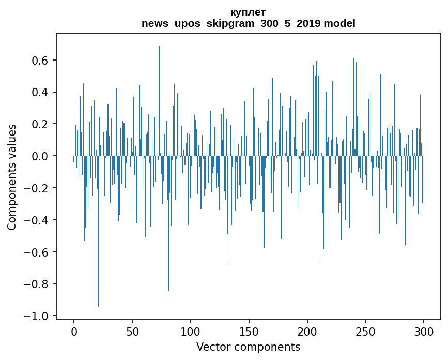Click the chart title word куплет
point(248,12)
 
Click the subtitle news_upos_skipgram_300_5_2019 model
point(248,23)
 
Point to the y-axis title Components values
point(11,177)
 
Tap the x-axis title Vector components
point(248,347)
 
